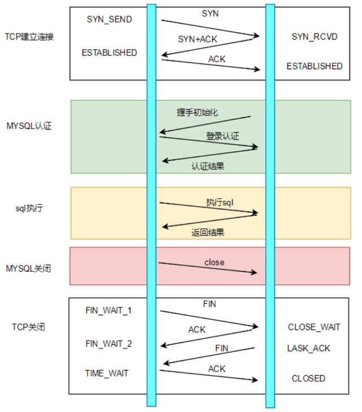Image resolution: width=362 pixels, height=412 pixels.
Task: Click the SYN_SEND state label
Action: (109, 19)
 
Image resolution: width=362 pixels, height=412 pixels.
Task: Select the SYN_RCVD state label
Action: (314, 37)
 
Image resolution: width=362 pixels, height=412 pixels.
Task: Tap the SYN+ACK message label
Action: (197, 39)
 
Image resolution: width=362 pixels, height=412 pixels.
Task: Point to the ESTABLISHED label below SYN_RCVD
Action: (314, 66)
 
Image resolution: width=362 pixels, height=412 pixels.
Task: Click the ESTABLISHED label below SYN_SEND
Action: (109, 53)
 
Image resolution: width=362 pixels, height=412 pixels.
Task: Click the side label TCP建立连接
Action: (29, 37)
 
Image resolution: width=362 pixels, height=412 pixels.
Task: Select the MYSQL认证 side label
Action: (29, 126)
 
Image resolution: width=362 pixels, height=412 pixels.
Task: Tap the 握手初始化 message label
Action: (197, 113)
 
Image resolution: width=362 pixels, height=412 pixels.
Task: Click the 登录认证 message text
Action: (222, 136)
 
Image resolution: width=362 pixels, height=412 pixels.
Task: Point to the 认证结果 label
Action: (208, 166)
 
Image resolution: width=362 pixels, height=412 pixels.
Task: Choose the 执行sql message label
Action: (220, 203)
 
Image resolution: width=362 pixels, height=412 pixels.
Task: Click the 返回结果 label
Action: (208, 232)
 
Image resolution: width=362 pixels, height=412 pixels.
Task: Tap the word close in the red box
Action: (214, 262)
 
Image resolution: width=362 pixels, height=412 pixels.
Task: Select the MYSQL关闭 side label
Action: (28, 268)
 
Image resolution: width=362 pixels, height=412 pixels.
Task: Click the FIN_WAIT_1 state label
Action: (109, 310)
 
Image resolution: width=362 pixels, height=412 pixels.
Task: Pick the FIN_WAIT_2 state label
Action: (109, 344)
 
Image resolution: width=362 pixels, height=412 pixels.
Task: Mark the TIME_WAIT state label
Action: (107, 373)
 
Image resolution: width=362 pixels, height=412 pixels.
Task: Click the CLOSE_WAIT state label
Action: (314, 327)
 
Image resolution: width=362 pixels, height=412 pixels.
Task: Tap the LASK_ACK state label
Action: (309, 349)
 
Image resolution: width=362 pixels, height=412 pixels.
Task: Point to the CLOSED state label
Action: (308, 379)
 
